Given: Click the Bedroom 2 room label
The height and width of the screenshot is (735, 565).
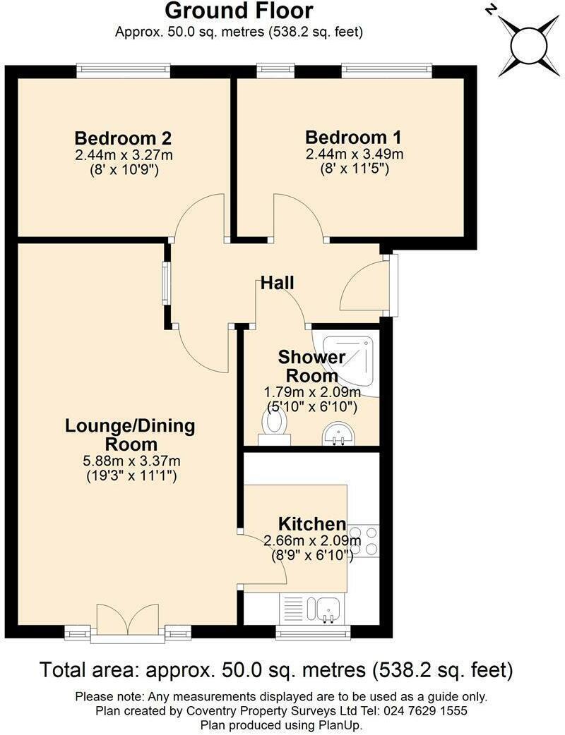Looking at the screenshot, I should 124,138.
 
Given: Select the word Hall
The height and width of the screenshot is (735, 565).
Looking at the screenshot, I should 278,284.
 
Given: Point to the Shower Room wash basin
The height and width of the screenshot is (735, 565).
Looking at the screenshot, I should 339,435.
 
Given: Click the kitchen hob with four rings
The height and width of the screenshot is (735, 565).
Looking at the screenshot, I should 364,541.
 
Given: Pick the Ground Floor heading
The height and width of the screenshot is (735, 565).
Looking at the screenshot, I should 239,11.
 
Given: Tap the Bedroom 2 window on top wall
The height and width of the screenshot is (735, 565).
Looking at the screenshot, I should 124,69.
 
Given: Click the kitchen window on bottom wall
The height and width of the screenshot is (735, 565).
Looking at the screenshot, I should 313,633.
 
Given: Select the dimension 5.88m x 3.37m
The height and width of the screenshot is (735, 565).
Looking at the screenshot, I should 131,461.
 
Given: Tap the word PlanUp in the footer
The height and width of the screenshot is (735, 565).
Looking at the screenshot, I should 343,725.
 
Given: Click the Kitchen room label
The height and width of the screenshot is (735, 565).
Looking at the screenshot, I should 311,524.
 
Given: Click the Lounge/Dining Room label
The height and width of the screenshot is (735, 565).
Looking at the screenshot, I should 130,435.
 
